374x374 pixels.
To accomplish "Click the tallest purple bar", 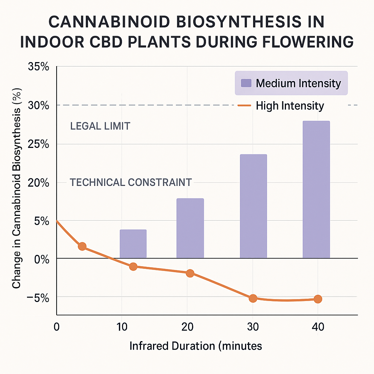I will point(316,190).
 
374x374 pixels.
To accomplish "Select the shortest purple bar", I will point(133,244).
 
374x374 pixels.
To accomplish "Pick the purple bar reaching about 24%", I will point(253,206).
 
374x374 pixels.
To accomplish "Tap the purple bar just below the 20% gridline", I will point(190,228).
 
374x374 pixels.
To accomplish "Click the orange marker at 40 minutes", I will point(318,299).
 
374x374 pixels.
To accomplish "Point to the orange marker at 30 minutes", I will point(253,298).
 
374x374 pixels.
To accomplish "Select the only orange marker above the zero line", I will point(82,246).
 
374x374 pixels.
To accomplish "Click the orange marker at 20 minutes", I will point(190,273).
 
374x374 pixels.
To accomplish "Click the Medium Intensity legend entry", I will point(291,83).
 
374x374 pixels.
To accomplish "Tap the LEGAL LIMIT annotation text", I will point(100,126).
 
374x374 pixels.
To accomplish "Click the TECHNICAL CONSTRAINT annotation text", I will point(130,182).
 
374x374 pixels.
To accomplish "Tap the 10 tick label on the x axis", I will point(121,327).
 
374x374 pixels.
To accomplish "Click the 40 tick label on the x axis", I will point(318,327).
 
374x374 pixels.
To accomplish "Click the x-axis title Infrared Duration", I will point(195,346).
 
